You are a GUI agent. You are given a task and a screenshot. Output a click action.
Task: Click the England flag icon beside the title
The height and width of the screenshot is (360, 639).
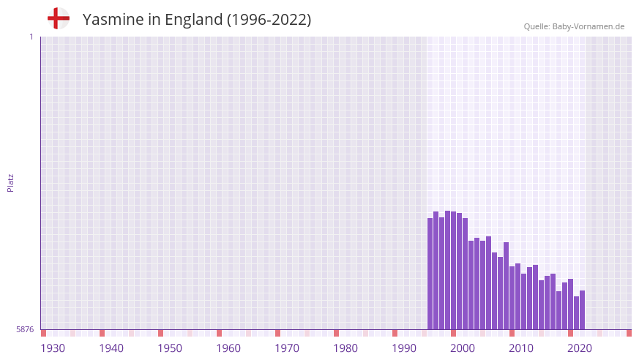point(58,18)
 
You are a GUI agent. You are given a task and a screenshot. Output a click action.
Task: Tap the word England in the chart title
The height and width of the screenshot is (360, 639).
point(193,20)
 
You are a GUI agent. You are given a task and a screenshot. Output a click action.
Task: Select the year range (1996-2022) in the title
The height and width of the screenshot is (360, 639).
point(269,20)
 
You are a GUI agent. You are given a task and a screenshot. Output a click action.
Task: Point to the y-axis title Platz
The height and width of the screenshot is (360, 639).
point(10,182)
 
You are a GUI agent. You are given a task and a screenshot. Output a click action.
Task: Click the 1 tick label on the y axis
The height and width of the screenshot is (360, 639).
point(31,37)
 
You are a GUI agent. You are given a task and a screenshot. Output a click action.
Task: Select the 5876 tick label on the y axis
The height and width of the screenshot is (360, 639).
point(25,330)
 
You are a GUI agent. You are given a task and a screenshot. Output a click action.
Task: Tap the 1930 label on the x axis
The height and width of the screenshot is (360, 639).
point(53,348)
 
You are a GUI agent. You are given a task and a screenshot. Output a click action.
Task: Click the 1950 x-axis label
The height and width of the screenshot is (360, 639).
point(170,348)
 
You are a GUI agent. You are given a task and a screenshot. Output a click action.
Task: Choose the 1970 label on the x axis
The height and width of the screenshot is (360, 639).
point(287,348)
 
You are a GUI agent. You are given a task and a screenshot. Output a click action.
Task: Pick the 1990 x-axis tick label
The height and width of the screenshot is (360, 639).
point(404,348)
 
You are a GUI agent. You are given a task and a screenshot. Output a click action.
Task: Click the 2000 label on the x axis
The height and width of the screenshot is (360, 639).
point(463,348)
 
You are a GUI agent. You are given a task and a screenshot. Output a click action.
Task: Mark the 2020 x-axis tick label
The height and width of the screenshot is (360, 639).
point(580,348)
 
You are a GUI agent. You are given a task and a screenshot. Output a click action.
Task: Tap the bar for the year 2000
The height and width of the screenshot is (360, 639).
point(454,271)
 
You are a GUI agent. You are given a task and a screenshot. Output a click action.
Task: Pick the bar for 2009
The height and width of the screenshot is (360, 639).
point(506,285)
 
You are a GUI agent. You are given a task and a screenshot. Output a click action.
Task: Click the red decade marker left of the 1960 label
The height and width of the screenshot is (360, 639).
point(219,333)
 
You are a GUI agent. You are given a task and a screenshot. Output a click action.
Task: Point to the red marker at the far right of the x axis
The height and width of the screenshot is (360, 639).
point(629,333)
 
